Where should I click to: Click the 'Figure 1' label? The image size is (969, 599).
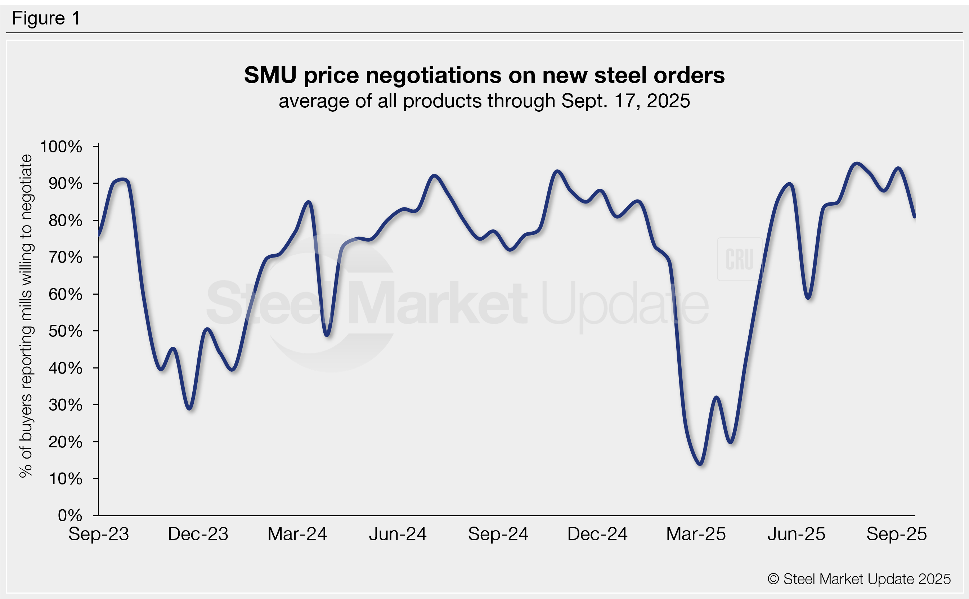[46, 18]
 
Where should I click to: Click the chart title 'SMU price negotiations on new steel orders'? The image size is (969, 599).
[484, 75]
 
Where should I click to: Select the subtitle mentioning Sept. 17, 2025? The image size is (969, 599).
[484, 101]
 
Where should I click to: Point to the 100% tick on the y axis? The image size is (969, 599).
[61, 147]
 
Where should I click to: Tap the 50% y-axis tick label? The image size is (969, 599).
[65, 331]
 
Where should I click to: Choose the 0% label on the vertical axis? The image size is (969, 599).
[70, 515]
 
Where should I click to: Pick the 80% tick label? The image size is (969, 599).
[65, 221]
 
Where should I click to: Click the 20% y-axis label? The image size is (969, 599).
[65, 442]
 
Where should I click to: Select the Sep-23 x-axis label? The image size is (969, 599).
[99, 534]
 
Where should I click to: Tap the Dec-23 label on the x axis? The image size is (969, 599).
[198, 534]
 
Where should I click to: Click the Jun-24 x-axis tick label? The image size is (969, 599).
[398, 534]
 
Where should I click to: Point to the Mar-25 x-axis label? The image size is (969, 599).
[696, 534]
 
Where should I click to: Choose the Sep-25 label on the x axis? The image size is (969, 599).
[897, 534]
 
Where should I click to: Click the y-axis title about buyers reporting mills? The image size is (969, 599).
[26, 316]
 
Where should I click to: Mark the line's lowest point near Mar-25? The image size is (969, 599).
[700, 464]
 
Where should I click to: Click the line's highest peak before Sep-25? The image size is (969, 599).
[857, 164]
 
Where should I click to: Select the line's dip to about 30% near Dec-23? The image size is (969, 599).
[190, 408]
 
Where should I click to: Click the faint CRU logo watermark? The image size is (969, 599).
[739, 259]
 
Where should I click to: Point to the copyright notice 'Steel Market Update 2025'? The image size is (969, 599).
[859, 579]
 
